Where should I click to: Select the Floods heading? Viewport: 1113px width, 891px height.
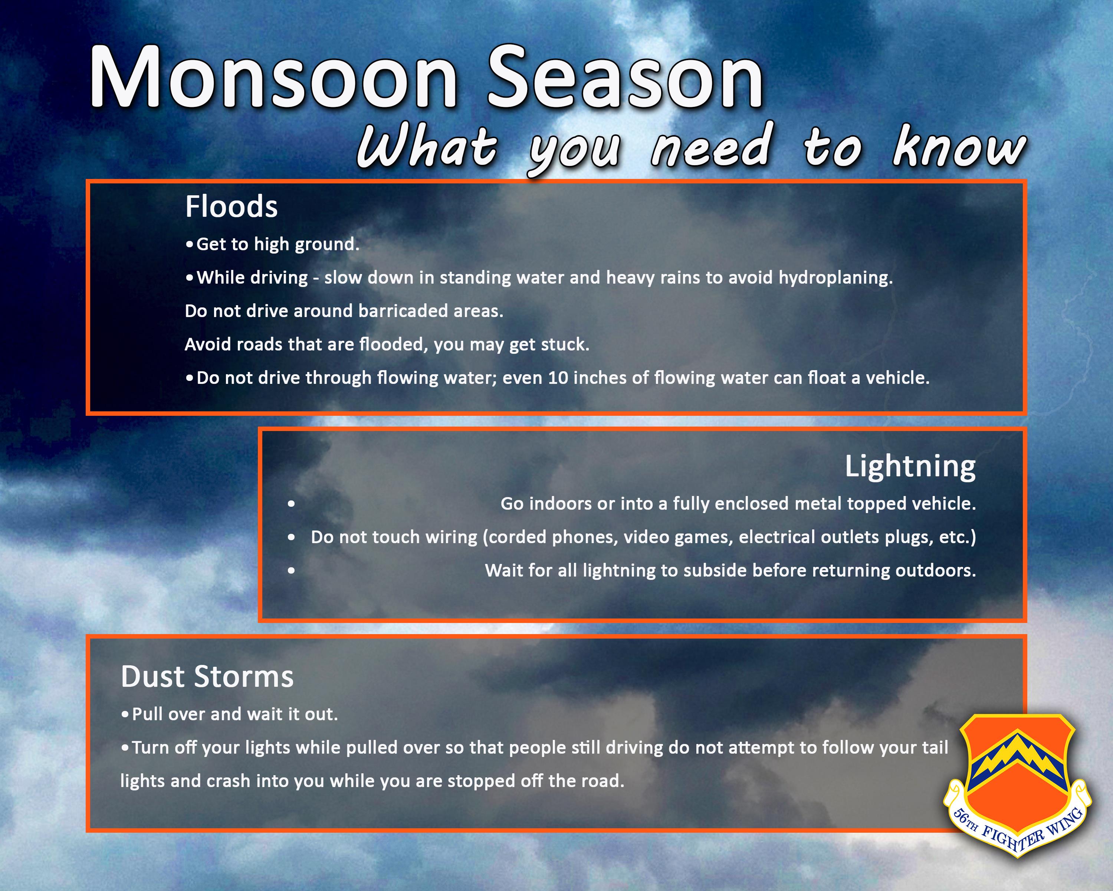[x=231, y=207]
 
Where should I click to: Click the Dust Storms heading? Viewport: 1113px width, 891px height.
[x=207, y=677]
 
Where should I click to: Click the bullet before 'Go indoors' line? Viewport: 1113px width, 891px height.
[x=292, y=504]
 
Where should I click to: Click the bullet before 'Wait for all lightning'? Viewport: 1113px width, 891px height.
[x=292, y=571]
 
